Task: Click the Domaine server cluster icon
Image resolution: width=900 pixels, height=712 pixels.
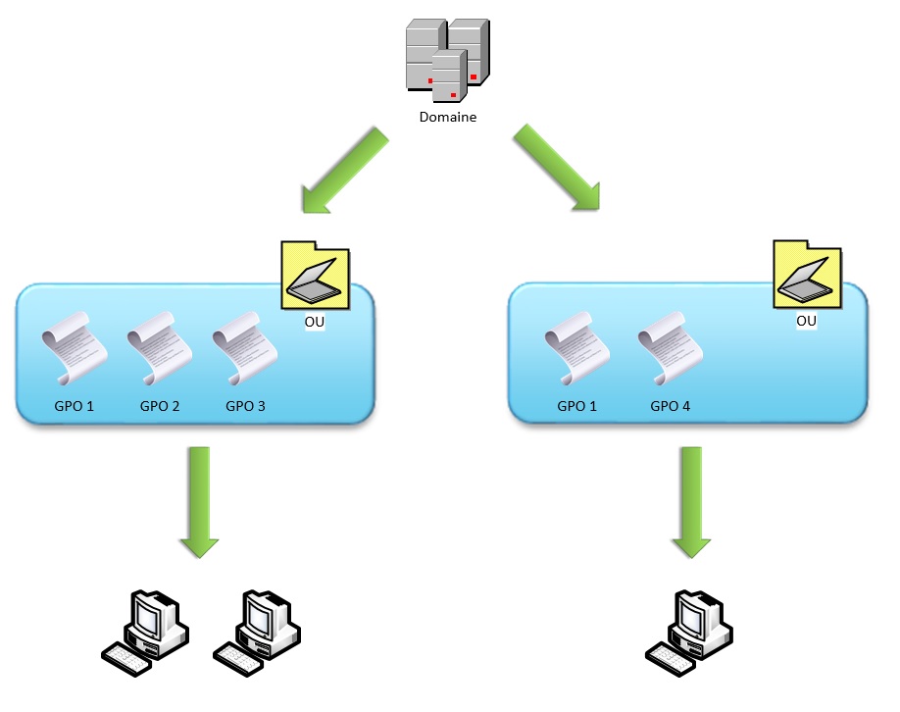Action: [448, 61]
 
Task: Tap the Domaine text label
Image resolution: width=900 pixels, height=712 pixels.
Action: [448, 117]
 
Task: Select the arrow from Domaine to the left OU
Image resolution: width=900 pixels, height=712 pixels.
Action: [345, 170]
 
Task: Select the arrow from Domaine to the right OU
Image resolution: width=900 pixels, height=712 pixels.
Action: [557, 168]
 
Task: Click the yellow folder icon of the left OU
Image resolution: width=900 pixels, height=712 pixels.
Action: [315, 275]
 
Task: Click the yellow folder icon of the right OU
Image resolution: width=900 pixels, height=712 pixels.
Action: [808, 274]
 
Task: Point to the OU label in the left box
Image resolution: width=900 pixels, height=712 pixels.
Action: [315, 322]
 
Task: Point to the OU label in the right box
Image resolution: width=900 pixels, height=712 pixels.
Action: [807, 321]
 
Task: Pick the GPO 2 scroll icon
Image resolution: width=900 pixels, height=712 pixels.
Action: [160, 348]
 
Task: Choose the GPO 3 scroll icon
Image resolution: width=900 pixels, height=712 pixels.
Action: [245, 348]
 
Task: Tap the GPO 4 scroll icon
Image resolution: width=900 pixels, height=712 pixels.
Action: [671, 348]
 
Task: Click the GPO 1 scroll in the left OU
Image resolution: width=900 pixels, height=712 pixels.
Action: [75, 348]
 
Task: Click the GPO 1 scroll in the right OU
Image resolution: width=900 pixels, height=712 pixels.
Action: [576, 348]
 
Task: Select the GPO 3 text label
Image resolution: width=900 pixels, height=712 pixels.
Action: [246, 406]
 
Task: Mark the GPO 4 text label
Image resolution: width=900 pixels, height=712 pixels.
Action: [671, 406]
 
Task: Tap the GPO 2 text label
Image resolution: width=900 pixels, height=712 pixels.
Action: [160, 406]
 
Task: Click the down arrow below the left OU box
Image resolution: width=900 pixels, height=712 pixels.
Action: [199, 502]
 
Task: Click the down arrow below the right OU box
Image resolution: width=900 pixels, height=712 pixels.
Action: [691, 502]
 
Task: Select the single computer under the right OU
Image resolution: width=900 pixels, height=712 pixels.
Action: [689, 634]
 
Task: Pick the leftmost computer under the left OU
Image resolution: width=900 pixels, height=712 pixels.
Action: [145, 634]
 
